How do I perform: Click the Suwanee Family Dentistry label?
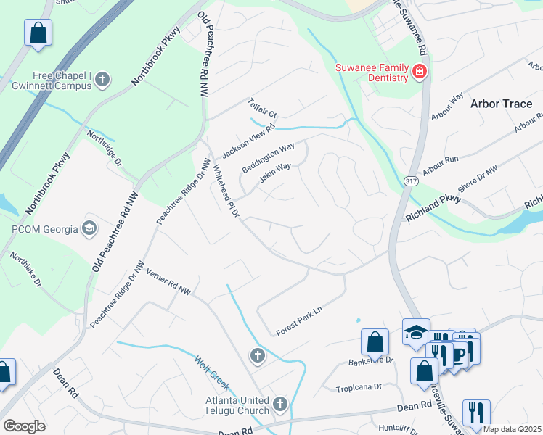370,74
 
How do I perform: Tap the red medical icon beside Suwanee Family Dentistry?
419,71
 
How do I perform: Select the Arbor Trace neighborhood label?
501,104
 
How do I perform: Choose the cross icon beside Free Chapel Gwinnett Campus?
102,80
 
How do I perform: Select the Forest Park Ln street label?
298,323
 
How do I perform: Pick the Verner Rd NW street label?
168,282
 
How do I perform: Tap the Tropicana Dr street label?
359,388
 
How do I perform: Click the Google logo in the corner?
24,426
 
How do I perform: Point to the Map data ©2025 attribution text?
512,429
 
